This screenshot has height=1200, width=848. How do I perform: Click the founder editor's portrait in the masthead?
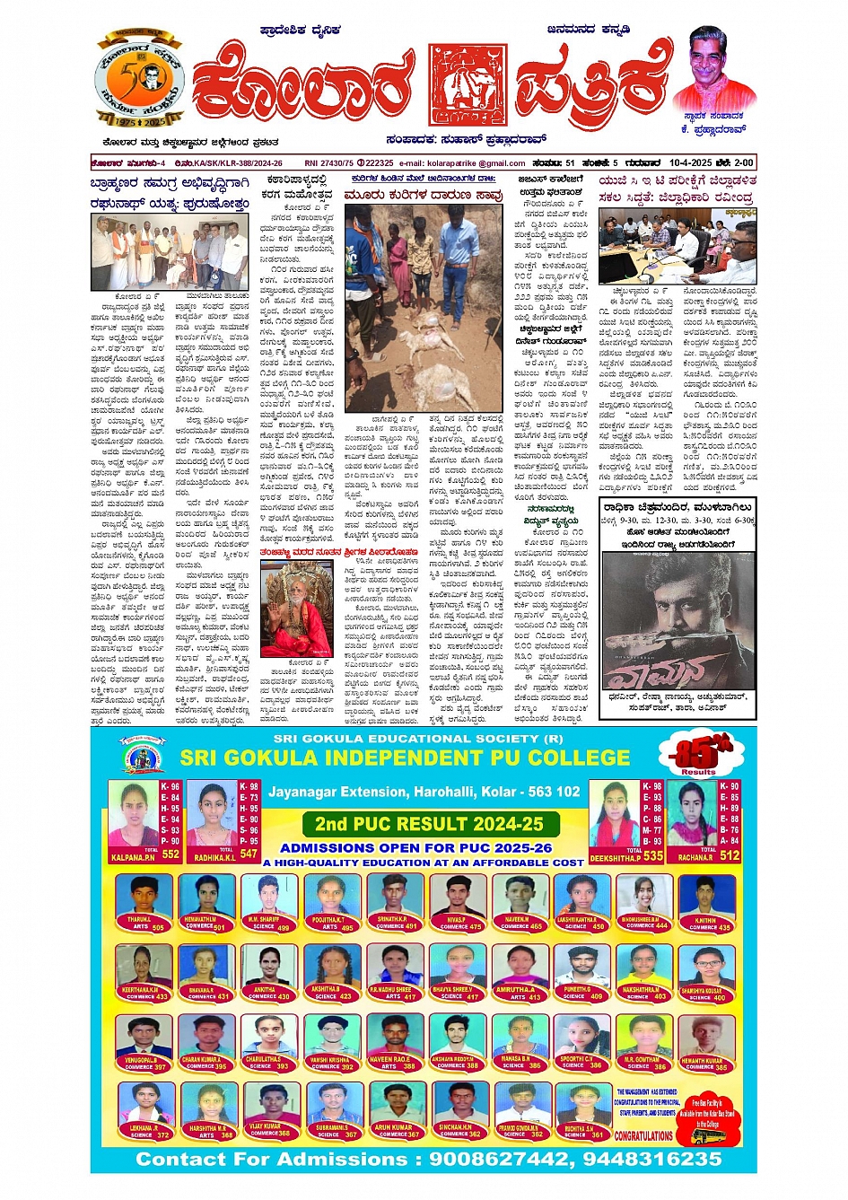pyautogui.click(x=710, y=68)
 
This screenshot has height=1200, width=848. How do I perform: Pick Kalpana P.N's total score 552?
pyautogui.click(x=170, y=854)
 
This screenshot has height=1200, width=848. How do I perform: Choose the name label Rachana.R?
pyautogui.click(x=695, y=857)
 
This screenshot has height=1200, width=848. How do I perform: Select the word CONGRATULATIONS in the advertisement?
pyautogui.click(x=643, y=1135)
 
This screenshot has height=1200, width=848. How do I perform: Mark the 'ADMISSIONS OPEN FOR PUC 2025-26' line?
pyautogui.click(x=415, y=847)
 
